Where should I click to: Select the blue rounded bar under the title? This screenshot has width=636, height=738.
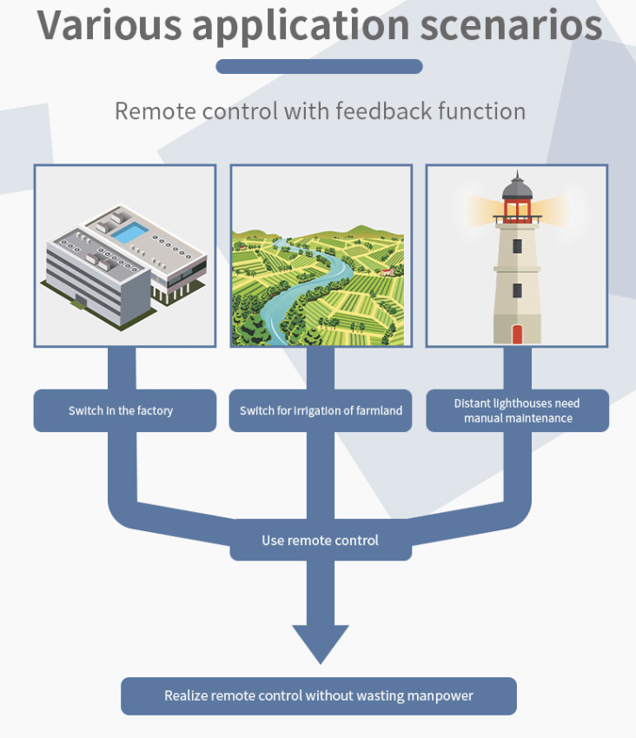(x=319, y=67)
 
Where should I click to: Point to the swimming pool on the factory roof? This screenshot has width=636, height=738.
(x=130, y=232)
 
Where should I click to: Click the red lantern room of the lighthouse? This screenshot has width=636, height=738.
(x=517, y=210)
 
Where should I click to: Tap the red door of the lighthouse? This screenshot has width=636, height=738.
(x=517, y=334)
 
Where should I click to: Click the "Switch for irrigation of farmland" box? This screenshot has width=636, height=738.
(x=321, y=410)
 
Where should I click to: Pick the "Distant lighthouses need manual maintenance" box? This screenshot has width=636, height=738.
(x=517, y=410)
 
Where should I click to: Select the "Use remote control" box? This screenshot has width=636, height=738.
(x=320, y=541)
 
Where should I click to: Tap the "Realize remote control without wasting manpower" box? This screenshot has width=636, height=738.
(x=319, y=695)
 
